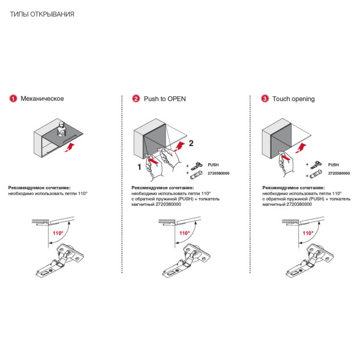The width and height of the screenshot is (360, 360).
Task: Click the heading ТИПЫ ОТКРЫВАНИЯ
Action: click(42, 14)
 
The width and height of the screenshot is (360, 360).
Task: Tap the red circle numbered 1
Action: click(13, 99)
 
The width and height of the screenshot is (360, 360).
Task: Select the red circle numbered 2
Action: click(136, 99)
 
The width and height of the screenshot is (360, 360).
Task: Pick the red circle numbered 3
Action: click(265, 99)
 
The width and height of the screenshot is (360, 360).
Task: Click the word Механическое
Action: click(42, 99)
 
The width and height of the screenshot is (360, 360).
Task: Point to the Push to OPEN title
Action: click(165, 99)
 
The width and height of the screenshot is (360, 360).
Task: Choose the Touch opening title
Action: click(293, 99)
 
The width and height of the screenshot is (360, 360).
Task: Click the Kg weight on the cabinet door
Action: click(62, 130)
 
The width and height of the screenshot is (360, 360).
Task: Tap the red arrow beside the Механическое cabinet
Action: click(70, 147)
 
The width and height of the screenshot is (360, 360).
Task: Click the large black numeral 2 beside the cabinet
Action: click(191, 143)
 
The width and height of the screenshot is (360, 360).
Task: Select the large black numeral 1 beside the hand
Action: click(139, 167)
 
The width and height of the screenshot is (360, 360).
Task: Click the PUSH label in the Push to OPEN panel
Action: click(213, 165)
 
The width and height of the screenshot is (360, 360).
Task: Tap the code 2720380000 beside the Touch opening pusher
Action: click(339, 173)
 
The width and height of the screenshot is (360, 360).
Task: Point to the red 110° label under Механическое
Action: click(58, 233)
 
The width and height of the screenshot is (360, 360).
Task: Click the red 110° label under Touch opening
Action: click(308, 233)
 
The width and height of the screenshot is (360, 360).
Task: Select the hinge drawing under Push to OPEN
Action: click(186, 260)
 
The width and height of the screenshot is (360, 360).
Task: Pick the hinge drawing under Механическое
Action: click(60, 260)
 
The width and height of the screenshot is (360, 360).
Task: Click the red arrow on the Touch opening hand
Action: click(285, 157)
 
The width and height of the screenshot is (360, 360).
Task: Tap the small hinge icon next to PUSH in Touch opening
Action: click(316, 165)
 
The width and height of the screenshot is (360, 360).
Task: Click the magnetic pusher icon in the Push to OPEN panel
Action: click(196, 175)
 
